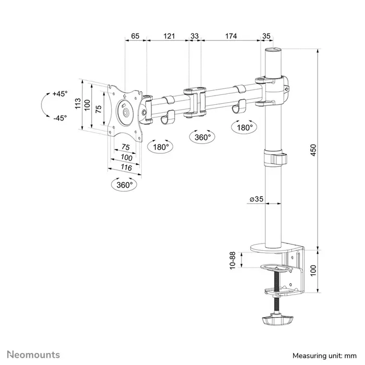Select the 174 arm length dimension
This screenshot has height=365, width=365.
(x=230, y=36)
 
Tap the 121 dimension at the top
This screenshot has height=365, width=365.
(x=168, y=36)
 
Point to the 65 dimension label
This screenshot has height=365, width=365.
(x=135, y=36)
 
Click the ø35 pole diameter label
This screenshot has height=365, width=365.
(x=255, y=199)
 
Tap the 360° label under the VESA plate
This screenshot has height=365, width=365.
(x=125, y=185)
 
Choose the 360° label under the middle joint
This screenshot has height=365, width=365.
(x=202, y=138)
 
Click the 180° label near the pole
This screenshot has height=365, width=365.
(x=245, y=127)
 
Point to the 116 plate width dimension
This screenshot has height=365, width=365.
(x=126, y=167)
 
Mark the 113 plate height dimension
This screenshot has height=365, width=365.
(x=78, y=104)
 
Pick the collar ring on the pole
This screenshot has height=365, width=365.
(x=274, y=157)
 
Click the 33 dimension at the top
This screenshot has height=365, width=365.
(x=194, y=36)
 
